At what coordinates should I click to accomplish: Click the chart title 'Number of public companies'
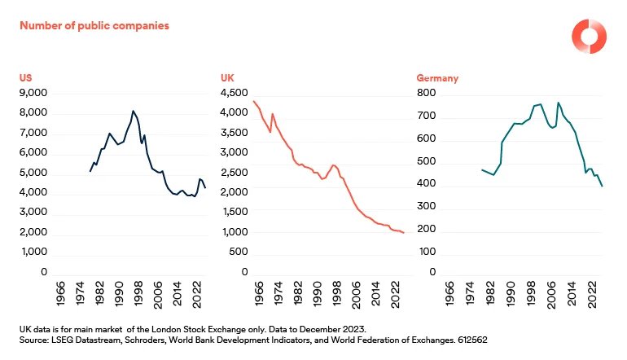coord(94,26)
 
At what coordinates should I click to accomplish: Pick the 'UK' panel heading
coord(227,78)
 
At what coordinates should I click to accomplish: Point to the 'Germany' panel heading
coord(437,78)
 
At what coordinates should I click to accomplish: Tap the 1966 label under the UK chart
coord(258,295)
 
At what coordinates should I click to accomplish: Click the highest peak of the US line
coord(133,111)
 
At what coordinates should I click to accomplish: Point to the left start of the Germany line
coord(482,169)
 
